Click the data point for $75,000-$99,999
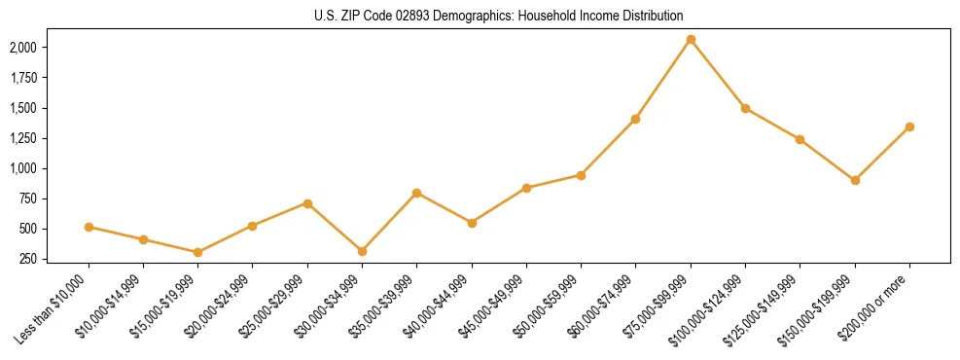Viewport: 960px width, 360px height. point(691,40)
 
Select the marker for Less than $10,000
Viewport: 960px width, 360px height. point(89,227)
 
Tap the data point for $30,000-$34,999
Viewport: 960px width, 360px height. point(362,251)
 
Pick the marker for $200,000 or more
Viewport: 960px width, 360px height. point(909,126)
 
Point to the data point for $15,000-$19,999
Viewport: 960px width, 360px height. point(197,252)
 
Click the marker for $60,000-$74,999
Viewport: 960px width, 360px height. point(635,119)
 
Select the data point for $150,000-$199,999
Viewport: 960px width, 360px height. point(855,180)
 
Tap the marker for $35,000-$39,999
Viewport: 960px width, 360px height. point(416,193)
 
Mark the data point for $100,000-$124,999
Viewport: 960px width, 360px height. point(745,108)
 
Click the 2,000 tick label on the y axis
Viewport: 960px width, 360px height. point(23,48)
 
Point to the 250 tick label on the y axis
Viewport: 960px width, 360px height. point(28,259)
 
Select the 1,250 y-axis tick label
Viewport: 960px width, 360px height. point(23,138)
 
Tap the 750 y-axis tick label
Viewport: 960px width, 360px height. point(28,198)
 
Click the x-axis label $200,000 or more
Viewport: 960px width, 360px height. point(880,304)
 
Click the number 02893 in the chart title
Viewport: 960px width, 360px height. point(412,16)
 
